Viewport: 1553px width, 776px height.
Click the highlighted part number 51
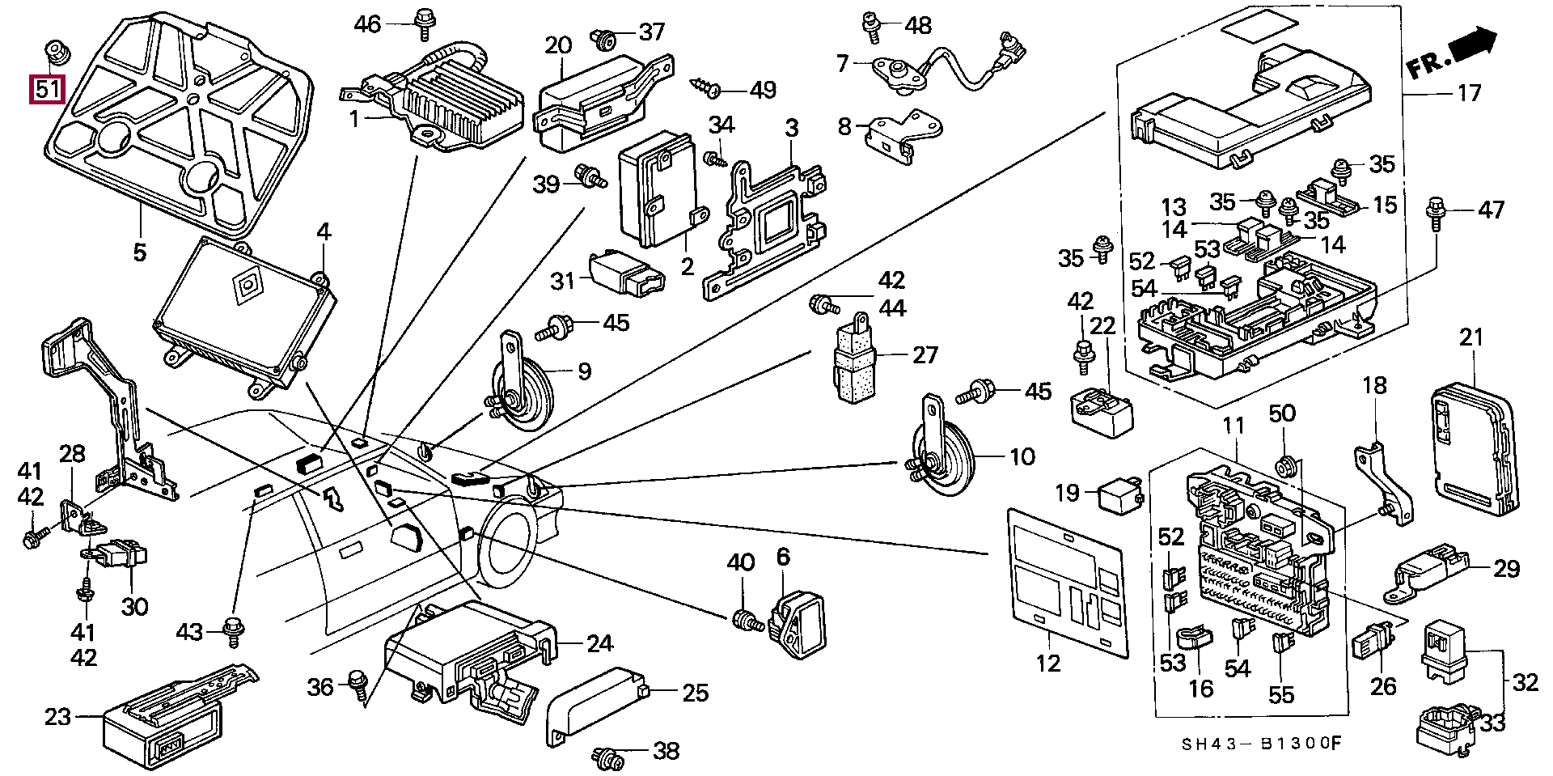click(x=47, y=89)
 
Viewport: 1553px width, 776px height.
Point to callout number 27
click(x=925, y=354)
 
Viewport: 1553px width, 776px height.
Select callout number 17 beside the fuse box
click(x=1468, y=93)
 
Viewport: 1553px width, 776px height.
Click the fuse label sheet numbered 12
click(x=1068, y=583)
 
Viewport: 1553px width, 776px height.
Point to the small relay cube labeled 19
click(x=1119, y=495)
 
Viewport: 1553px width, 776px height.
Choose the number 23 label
click(x=58, y=717)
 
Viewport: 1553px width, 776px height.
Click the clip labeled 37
click(x=603, y=36)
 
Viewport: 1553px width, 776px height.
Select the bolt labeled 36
click(x=358, y=684)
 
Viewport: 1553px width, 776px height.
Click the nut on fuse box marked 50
click(x=1284, y=465)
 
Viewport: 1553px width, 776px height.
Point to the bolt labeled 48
click(x=872, y=26)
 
